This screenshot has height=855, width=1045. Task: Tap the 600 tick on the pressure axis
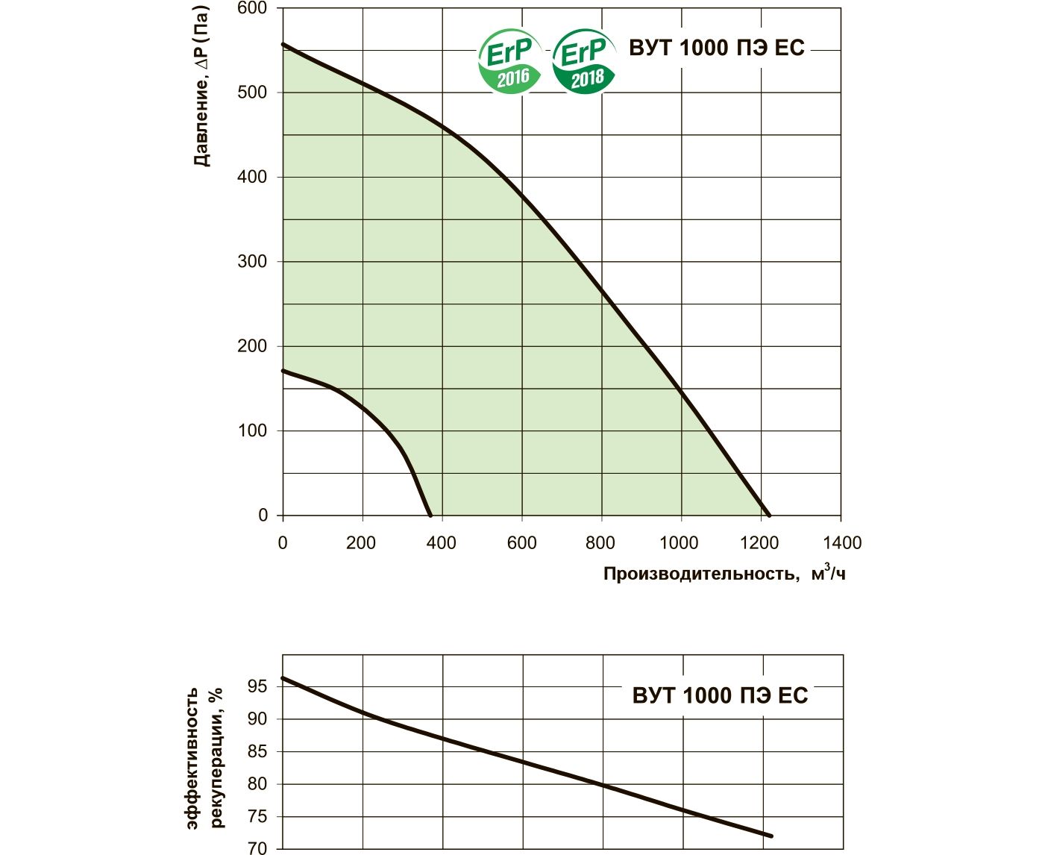[252, 8]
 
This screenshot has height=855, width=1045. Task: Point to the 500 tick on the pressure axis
[252, 93]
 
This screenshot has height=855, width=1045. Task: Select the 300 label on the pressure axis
[252, 262]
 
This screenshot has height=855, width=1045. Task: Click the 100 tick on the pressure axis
[252, 431]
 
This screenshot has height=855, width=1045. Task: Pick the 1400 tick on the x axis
[842, 543]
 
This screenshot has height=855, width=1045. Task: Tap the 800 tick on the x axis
[600, 543]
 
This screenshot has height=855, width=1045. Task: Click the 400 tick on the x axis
[441, 543]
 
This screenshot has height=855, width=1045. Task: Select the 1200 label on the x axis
[761, 543]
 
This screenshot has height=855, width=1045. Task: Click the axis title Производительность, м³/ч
[724, 574]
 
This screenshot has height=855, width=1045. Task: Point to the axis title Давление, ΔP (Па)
[201, 86]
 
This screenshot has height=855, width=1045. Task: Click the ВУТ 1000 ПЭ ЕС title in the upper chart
[717, 48]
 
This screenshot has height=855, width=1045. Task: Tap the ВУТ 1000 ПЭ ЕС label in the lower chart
[720, 695]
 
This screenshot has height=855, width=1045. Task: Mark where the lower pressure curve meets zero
[430, 515]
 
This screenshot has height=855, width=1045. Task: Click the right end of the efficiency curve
[771, 836]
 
